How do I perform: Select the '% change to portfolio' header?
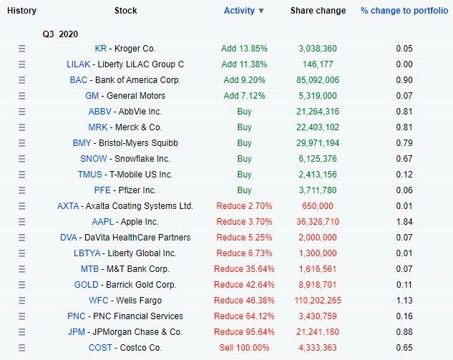click(404, 11)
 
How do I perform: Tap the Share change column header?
click(318, 11)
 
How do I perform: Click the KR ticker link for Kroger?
click(100, 49)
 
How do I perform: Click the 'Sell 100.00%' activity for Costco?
click(244, 348)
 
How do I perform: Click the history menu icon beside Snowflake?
click(21, 159)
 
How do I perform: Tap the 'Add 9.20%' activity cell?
click(244, 80)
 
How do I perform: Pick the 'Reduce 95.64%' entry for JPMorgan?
click(244, 332)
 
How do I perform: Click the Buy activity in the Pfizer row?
click(244, 190)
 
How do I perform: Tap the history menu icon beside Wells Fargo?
click(21, 301)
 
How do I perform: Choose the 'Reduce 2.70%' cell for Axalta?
click(244, 206)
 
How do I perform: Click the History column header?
click(21, 11)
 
